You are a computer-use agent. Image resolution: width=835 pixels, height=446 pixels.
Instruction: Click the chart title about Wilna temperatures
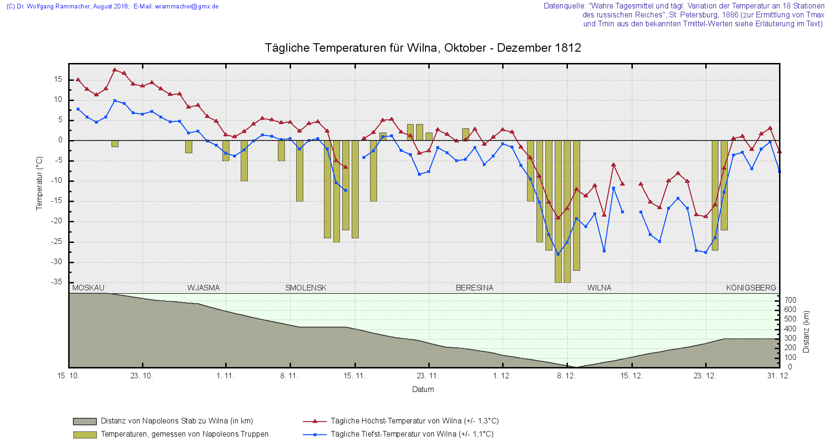click(423, 48)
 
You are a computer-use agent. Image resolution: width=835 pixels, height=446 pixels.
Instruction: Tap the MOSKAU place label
click(88, 288)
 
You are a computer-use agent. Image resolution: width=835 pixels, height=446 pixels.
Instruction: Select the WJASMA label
click(203, 288)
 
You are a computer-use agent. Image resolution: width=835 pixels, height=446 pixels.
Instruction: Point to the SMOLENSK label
click(306, 288)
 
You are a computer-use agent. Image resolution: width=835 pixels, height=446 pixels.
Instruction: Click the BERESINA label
click(474, 288)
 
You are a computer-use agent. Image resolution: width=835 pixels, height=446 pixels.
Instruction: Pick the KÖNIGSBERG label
click(751, 288)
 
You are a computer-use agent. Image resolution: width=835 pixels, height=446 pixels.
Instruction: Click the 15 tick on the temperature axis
click(58, 79)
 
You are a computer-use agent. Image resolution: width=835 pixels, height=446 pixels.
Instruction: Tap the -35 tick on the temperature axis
click(56, 282)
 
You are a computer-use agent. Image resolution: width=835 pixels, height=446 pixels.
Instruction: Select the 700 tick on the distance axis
click(790, 300)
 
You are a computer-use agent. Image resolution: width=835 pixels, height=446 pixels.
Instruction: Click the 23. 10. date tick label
click(142, 376)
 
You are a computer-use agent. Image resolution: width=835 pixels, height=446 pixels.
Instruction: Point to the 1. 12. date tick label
click(502, 376)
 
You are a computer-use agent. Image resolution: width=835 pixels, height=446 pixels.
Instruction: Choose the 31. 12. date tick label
click(779, 376)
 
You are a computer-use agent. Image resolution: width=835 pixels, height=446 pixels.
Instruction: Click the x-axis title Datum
click(423, 389)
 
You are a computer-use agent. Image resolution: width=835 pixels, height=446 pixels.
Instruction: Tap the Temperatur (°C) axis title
click(39, 183)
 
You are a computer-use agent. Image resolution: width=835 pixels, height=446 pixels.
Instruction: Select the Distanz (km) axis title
click(806, 331)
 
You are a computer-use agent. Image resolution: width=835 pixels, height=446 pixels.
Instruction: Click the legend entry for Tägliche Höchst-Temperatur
click(414, 421)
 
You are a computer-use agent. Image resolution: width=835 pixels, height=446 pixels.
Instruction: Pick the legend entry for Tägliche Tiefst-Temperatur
click(412, 434)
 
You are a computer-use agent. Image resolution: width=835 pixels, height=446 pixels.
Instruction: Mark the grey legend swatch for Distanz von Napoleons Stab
click(85, 421)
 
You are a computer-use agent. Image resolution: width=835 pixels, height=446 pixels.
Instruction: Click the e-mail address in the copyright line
click(187, 7)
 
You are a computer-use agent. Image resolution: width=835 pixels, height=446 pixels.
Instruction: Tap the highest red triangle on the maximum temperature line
click(115, 70)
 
